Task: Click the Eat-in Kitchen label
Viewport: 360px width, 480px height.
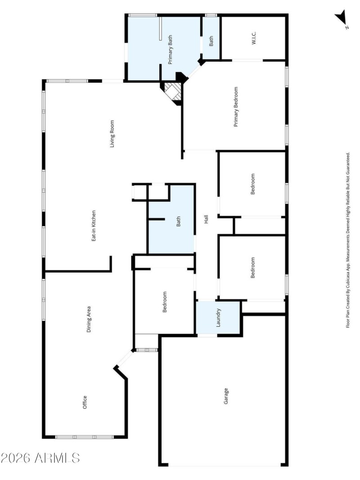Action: click(94, 226)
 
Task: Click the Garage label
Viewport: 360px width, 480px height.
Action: click(226, 397)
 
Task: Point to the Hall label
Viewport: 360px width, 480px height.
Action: click(206, 220)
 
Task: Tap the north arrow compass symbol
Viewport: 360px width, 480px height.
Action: click(341, 19)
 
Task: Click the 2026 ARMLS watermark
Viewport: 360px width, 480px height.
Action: click(40, 458)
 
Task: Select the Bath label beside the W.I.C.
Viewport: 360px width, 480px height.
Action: click(211, 40)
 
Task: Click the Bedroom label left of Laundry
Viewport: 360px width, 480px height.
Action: click(165, 302)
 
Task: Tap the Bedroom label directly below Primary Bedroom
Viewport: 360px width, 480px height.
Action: click(252, 184)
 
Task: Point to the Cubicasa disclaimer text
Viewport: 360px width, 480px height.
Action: click(347, 240)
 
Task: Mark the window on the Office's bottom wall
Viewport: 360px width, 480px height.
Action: click(85, 436)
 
